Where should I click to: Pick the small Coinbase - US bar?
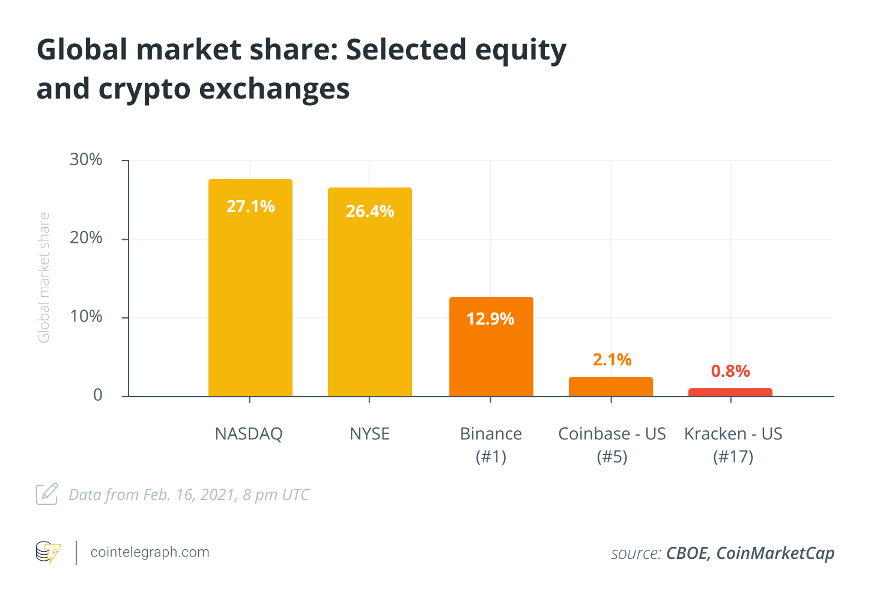(x=610, y=386)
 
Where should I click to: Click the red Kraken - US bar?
(x=730, y=392)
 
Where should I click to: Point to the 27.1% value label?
(x=250, y=207)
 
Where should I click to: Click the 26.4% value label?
(x=370, y=212)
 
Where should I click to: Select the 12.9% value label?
(x=491, y=319)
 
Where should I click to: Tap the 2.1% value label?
(x=612, y=359)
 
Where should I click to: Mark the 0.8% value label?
(x=730, y=371)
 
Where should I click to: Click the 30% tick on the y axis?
(x=86, y=160)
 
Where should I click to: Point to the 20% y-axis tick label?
(x=86, y=238)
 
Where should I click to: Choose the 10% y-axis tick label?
(x=86, y=317)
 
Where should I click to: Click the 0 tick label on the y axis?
(x=98, y=395)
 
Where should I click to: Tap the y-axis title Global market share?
(x=43, y=278)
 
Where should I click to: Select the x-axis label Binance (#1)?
(x=491, y=445)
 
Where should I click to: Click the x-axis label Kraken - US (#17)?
(x=733, y=445)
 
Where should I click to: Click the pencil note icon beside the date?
(x=47, y=494)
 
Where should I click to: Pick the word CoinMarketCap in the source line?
(x=775, y=553)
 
